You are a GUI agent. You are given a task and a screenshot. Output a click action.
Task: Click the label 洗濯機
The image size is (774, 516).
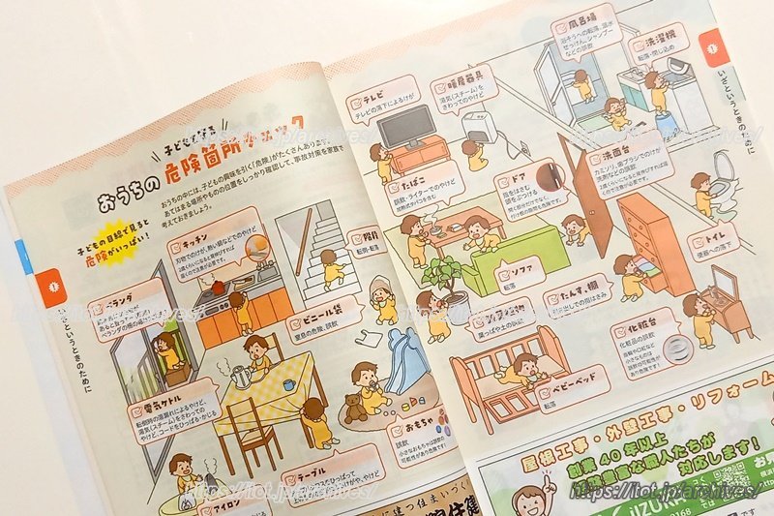click(x=659, y=44)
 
